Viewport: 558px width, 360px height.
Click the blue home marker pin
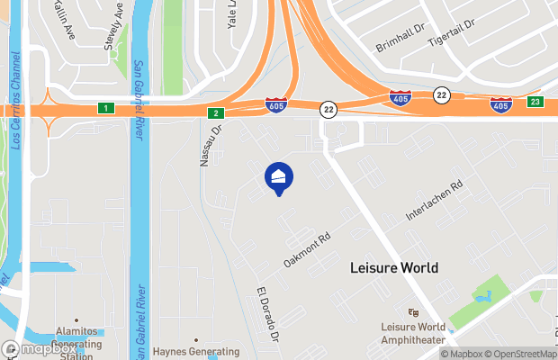[x=278, y=177]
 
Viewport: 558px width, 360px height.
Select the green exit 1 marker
[x=105, y=109]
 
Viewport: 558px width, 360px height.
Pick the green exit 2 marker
[x=215, y=113]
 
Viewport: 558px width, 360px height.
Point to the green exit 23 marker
[x=535, y=102]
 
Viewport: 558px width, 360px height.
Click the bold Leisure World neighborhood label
[x=393, y=268]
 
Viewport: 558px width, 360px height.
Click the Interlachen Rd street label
[x=434, y=200]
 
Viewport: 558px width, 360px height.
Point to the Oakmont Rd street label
[x=308, y=249]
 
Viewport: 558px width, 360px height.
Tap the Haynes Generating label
[x=195, y=352]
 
